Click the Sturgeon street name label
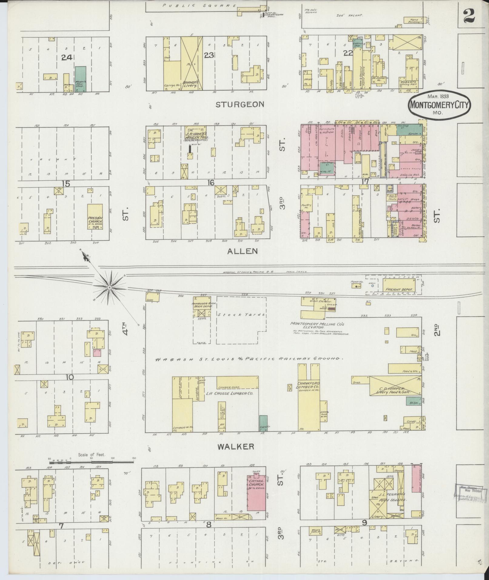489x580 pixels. click(240, 105)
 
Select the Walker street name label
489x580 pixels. click(239, 446)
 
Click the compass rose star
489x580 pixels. click(109, 287)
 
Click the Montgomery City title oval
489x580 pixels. click(439, 105)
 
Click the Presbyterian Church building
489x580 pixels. click(95, 216)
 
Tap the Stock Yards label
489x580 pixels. click(241, 314)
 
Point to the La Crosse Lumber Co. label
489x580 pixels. click(230, 393)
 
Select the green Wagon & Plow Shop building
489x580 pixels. click(80, 79)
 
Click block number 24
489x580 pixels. click(66, 57)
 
